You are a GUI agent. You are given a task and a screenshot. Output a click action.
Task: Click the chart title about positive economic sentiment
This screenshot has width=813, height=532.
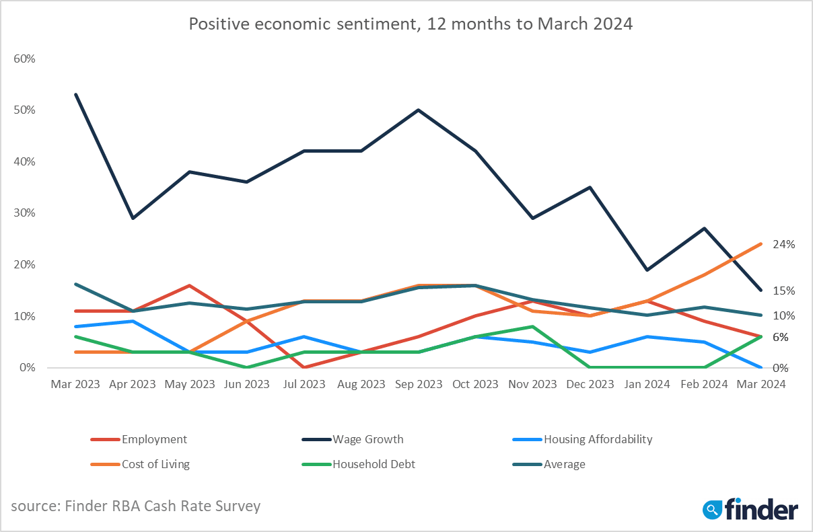[x=411, y=25]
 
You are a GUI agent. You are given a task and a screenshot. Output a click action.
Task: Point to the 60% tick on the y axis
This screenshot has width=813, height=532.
[x=24, y=59]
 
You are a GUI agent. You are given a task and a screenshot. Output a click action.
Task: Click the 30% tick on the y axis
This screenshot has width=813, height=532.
[x=24, y=213]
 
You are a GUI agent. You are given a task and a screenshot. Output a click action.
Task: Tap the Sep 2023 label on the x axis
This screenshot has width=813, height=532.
[x=418, y=385]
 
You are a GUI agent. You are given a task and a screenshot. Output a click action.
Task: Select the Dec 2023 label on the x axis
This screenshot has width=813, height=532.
[x=590, y=385]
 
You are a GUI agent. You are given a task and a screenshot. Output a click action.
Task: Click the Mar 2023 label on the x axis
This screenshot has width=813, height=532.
[x=75, y=385]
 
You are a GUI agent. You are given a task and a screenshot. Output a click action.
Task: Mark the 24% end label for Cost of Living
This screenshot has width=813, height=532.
[x=784, y=245]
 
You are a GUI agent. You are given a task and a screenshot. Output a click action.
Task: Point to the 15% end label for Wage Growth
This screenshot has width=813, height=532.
[x=784, y=291]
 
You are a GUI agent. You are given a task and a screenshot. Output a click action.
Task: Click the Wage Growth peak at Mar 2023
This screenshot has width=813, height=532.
[x=75, y=94]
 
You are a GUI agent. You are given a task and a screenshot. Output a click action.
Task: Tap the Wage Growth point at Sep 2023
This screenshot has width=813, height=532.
[x=419, y=110]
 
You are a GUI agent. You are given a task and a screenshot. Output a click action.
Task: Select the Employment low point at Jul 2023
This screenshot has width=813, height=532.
[x=304, y=367]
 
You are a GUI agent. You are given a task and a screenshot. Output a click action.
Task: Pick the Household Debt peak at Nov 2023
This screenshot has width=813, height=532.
[x=533, y=326]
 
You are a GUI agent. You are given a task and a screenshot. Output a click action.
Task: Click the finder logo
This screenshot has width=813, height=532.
[x=750, y=509]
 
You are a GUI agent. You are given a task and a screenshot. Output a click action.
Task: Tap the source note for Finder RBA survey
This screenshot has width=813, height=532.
[x=135, y=506]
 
